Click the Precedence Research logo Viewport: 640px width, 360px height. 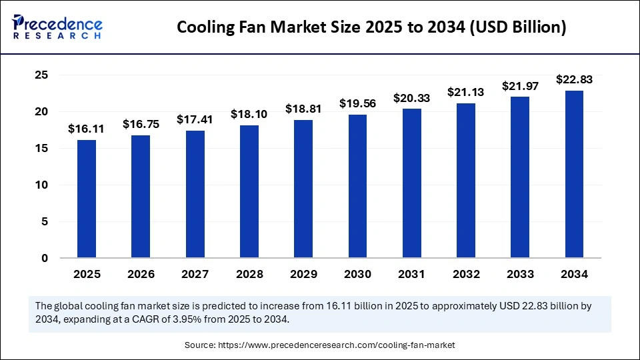point(57,27)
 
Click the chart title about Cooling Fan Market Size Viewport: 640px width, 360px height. point(372,27)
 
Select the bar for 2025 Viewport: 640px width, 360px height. point(86,199)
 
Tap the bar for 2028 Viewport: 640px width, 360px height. point(249,191)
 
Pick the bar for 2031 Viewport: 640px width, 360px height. point(412,183)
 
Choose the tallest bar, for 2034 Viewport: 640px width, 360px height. point(575,174)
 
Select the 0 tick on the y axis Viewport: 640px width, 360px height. point(45,258)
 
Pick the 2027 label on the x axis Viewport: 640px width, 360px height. point(195,274)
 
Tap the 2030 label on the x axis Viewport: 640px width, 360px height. point(357,274)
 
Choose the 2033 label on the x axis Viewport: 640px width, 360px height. point(520,274)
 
